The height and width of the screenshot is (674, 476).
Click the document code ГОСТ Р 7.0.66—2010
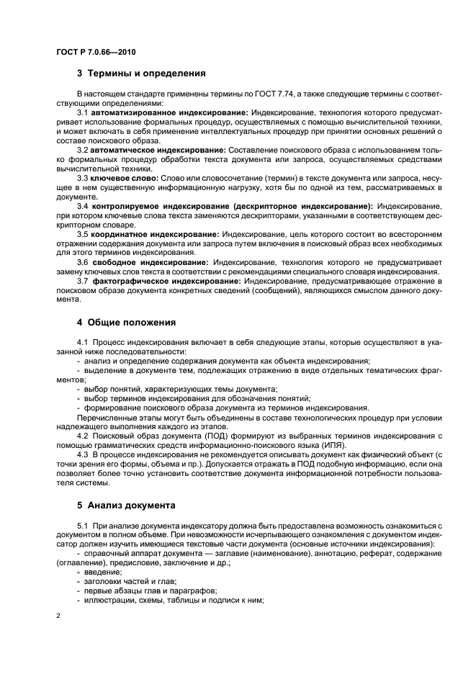click(x=96, y=53)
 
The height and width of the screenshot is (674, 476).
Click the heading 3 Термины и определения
click(x=141, y=73)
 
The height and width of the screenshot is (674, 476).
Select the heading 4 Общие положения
click(x=126, y=322)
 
